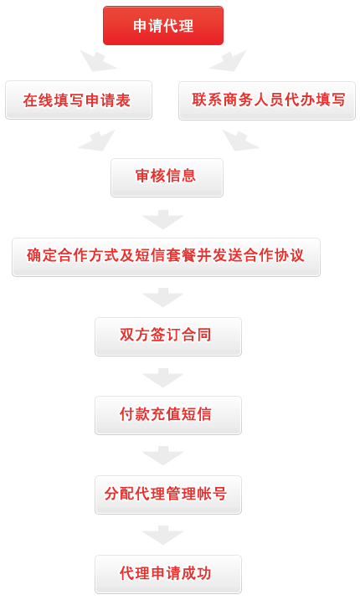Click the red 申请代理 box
162,25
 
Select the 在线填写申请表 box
79,100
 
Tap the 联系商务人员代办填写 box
267,100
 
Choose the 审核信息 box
167,177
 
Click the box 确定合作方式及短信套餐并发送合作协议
167,257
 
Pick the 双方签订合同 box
168,336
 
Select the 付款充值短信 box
168,415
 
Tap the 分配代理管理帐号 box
168,495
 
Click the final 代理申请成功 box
168,574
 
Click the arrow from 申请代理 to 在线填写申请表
98,62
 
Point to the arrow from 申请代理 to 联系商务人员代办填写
229,62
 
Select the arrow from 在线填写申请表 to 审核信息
96,141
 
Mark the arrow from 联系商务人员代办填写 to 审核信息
240,141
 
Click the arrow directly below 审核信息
162,220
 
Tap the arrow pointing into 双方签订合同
162,298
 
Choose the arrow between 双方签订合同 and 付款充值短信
162,378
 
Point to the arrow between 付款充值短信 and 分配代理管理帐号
162,456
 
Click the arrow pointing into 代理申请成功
162,536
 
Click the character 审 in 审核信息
143,176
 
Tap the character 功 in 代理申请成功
204,573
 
